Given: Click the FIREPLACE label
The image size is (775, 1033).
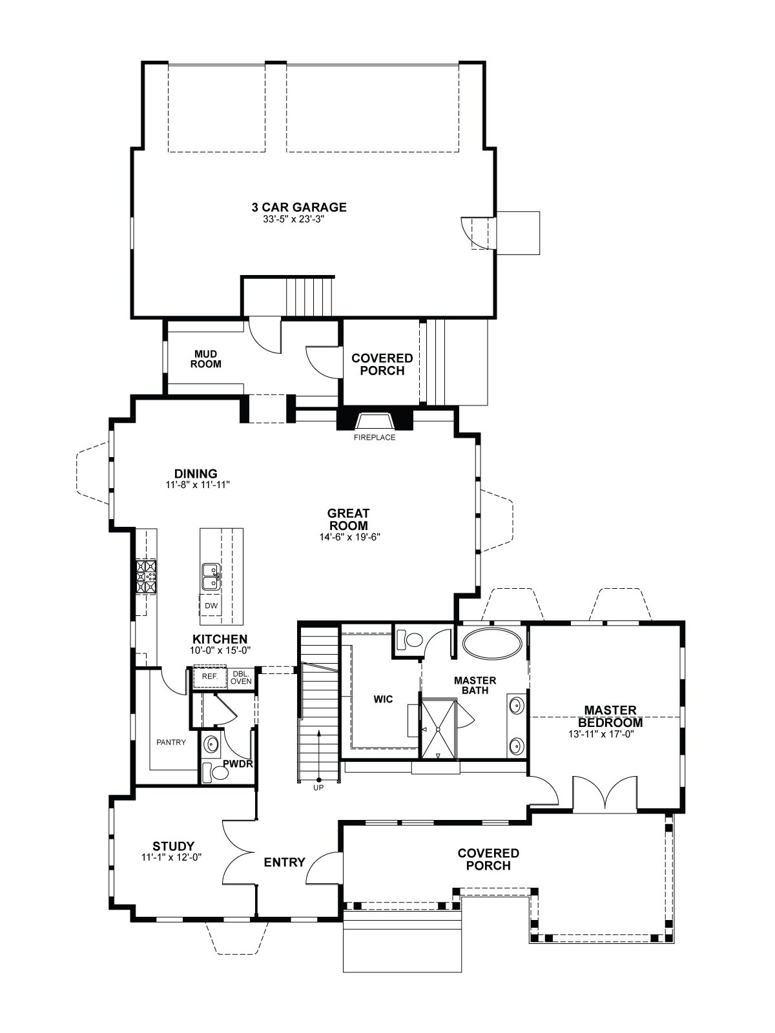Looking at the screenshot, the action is pos(374,438).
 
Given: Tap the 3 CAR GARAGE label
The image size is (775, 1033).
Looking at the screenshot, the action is pos(299,207).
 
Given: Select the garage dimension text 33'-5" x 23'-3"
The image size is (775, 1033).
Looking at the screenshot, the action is pos(294,219).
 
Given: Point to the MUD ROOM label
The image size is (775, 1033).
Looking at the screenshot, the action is pos(205,358).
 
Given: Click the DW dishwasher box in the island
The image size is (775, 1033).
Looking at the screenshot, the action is pos(211,606).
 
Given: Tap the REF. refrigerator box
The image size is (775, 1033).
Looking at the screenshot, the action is pos(209,676).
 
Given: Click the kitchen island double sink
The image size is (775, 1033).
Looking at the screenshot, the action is pos(211,577).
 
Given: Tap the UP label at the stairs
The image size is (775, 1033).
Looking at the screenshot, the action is pos(318,788).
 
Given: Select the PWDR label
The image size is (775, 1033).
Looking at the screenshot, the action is pos(238,764).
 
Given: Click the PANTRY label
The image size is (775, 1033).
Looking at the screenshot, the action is pos(171,742).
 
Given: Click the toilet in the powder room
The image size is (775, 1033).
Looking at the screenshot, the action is pos(215,773).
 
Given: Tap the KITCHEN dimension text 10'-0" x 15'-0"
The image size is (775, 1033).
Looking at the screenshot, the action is pos(220,650).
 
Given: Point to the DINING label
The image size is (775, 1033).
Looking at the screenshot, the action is pos(196,473).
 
